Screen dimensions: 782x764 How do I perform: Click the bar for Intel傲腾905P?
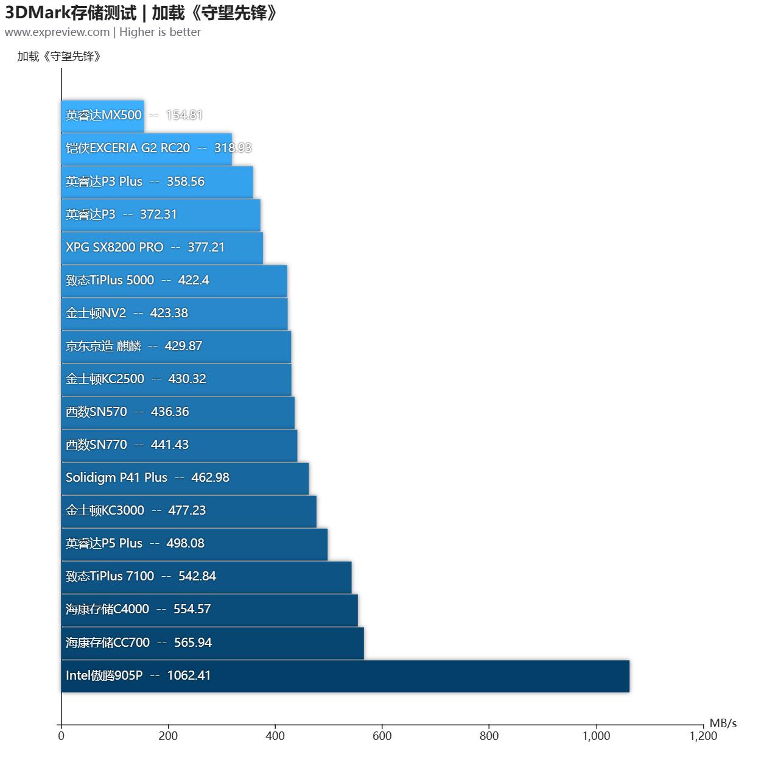point(345,675)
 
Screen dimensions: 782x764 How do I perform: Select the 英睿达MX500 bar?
point(102,116)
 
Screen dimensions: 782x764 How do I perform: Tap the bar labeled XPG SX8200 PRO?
point(162,247)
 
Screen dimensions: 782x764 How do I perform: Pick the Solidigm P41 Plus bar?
point(185,477)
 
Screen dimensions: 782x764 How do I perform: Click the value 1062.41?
point(189,675)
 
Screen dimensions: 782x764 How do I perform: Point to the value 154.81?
point(184,115)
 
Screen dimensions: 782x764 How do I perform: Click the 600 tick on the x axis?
point(382,736)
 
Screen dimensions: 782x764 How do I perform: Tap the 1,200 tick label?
point(703,736)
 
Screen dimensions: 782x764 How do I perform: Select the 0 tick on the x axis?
point(61,736)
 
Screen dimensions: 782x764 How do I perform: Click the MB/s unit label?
point(723,723)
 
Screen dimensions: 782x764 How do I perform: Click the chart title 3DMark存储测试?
point(70,12)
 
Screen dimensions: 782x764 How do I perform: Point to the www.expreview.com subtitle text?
point(57,32)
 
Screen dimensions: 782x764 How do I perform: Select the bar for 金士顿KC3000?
point(189,510)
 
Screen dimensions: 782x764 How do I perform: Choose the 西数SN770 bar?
point(179,445)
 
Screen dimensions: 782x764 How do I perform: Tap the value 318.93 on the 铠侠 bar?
point(233,148)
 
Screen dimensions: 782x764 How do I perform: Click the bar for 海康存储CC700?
point(212,643)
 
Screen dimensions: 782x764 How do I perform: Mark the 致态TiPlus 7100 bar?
point(206,576)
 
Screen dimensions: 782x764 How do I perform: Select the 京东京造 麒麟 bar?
point(176,346)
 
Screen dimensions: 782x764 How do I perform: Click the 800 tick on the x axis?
point(489,736)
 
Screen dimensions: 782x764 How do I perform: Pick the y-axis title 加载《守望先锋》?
point(59,57)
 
